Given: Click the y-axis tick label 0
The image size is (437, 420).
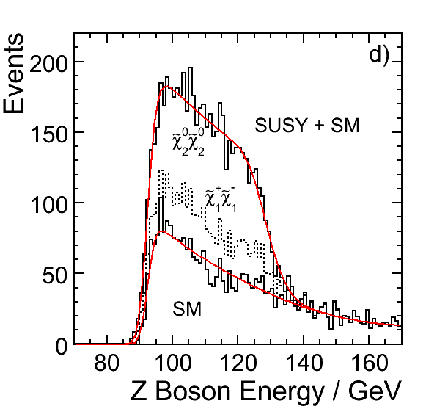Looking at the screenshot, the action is coord(62,347).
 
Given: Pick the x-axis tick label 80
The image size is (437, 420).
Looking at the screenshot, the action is coord(107,363).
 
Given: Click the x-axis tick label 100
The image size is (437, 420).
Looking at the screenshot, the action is coord(173,363).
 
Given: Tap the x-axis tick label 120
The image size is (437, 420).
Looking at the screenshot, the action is coord(238,363).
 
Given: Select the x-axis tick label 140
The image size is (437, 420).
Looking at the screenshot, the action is coord(304,363).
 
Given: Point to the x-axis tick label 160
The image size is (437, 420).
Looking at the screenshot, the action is coord(370,363).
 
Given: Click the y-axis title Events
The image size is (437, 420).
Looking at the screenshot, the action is coord(13,73).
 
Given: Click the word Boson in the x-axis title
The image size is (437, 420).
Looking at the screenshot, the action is coord(193,391).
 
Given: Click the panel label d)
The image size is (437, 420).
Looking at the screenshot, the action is coord(379,56).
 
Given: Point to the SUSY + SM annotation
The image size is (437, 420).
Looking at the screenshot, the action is coord(307,126).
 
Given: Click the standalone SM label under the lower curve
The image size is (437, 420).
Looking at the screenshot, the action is coord(187,309).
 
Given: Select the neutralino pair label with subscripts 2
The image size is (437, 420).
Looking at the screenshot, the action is coord(188,142).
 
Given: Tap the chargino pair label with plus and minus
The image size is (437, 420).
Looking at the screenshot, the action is coord(221,199).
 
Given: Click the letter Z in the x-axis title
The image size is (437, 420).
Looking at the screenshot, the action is coord(139,391).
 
